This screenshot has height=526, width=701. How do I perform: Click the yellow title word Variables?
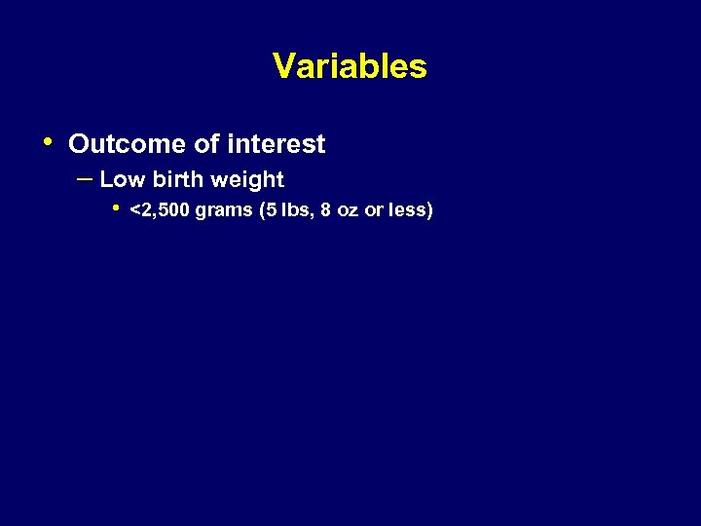coord(350,66)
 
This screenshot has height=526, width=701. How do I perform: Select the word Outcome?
coord(128,144)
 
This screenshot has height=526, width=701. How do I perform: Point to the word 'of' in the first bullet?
coord(206,144)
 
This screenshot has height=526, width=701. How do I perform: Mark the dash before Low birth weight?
coord(84,178)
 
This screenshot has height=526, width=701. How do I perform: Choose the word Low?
coord(121,179)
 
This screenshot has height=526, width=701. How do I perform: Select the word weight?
coord(246,180)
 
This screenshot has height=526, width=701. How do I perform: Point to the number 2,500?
coord(165,209)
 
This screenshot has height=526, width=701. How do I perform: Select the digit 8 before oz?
coord(325,209)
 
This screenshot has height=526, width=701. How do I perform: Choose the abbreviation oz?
coord(348,210)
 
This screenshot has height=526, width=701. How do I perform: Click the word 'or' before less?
coord(374,210)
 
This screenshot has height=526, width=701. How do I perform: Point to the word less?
coord(407,209)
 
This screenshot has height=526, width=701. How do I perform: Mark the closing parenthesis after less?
coord(429,209)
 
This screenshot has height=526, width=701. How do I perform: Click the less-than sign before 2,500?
coord(134,209)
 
